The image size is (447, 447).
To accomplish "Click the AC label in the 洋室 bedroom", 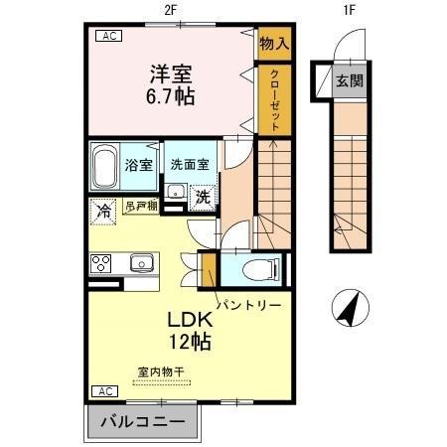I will (x=106, y=37).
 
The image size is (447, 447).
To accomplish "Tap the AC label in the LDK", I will (x=102, y=391).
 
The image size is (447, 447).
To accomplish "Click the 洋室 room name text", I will (x=172, y=73).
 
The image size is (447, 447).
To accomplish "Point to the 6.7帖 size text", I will (x=172, y=96).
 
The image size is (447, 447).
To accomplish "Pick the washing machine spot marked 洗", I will (x=202, y=195).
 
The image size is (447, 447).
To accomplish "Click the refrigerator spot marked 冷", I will (x=103, y=210).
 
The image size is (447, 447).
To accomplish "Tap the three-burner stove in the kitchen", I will (x=102, y=263).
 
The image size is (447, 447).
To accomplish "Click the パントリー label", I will (x=250, y=302).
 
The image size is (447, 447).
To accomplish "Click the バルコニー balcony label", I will (x=141, y=421).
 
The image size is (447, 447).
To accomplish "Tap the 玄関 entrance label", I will (x=350, y=80).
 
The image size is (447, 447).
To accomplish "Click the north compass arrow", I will (x=349, y=309).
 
